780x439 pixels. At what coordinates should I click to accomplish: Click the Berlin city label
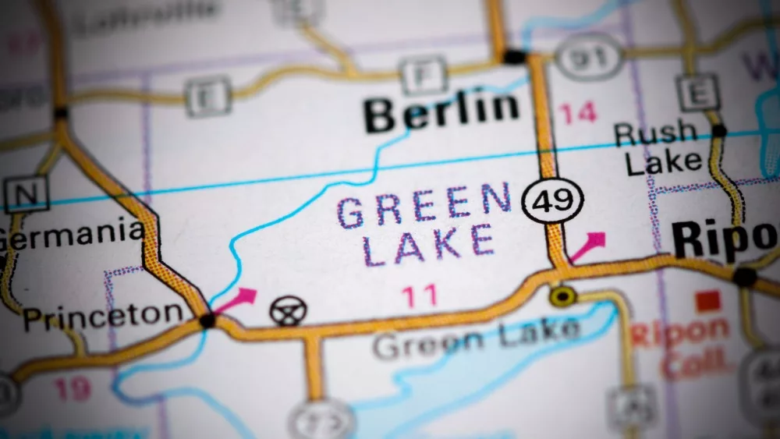click(x=441, y=112)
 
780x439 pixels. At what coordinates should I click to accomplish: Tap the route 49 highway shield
click(x=552, y=200)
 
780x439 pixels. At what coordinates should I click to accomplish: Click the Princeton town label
click(x=102, y=317)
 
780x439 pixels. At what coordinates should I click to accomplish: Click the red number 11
click(x=419, y=296)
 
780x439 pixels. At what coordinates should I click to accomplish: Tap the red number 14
click(x=577, y=114)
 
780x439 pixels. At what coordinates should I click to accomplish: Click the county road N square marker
click(x=26, y=193)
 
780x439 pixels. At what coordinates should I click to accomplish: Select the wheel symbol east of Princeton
click(x=288, y=310)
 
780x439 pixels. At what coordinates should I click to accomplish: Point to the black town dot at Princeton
click(x=207, y=320)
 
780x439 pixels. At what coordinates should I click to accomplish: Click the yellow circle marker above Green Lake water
click(x=562, y=296)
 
